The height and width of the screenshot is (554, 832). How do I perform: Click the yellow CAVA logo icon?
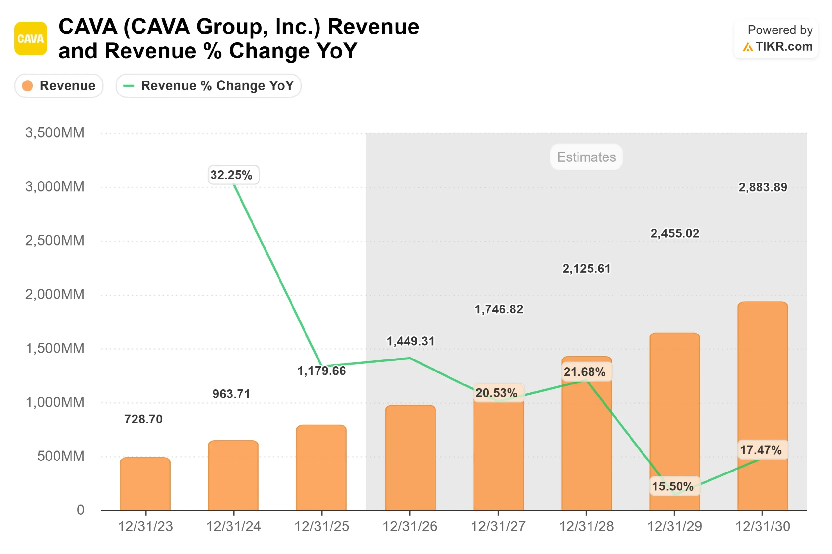point(31,39)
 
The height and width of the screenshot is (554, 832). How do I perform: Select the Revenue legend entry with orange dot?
point(59,86)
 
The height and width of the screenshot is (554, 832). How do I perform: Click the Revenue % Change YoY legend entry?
point(209,86)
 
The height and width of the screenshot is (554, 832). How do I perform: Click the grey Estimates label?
point(586,157)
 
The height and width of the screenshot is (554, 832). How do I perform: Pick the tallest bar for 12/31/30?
point(762,406)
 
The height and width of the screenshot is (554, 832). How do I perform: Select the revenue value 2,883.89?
point(762,187)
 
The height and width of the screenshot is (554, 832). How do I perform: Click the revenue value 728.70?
point(143,419)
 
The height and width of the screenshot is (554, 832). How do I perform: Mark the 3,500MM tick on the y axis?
point(55,133)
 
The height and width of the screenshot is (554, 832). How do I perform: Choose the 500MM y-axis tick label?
point(60,456)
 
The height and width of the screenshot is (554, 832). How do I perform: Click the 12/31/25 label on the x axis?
point(321,526)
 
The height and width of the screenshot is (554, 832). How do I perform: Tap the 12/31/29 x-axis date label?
point(674,526)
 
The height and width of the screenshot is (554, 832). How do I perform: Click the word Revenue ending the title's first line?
point(373,27)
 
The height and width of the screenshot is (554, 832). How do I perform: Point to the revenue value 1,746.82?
point(498,309)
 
